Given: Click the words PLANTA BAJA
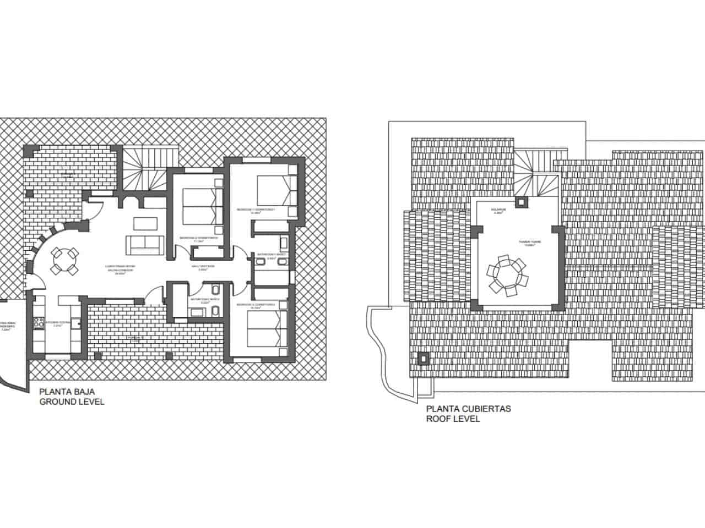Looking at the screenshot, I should [67, 392].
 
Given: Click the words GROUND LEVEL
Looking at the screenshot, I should [71, 402].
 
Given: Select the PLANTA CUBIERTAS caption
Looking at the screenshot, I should [469, 409].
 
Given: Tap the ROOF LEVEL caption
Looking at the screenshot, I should [453, 419].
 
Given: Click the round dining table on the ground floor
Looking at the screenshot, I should [64, 261].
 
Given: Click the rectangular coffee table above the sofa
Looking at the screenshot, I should [146, 223].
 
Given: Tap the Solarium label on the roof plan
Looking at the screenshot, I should [498, 211].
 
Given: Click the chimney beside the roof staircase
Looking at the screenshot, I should [520, 202].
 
